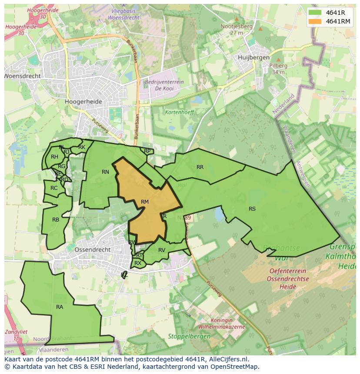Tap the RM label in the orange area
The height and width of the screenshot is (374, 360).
pos(145,202)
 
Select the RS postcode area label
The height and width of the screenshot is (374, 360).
pos(252,209)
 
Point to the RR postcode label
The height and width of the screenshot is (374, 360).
pos(200,167)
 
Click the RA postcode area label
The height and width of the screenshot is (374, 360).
pos(60,307)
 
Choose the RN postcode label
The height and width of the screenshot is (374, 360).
pos(105,172)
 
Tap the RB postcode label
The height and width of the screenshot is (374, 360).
pos(56,220)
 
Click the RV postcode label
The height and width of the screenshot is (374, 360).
pos(162,250)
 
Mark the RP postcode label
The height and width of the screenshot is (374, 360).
pos(147,151)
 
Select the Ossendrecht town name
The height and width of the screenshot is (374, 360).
pos(93,250)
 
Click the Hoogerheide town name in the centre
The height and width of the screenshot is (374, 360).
pos(83,102)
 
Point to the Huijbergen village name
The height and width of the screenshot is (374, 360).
pos(254,57)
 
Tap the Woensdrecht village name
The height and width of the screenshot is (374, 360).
pos(23,76)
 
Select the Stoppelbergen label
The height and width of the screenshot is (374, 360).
pos(189,336)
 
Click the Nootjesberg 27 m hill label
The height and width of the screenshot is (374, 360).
pos(237,29)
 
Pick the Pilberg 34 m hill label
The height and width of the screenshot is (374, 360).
pos(279,69)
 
